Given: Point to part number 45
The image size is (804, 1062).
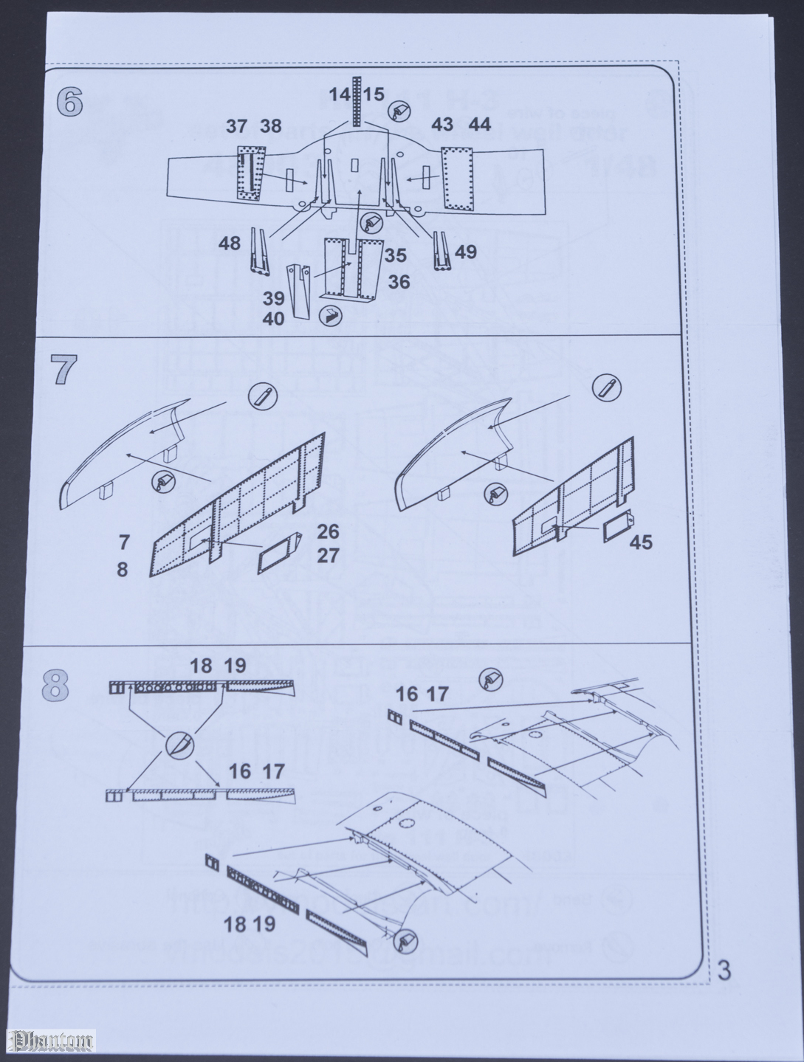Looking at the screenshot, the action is pyautogui.click(x=641, y=543).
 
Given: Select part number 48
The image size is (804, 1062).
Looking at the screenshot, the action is pyautogui.click(x=230, y=243).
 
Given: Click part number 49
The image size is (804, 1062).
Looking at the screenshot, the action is pyautogui.click(x=466, y=252).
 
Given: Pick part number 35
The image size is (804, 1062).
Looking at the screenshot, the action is pyautogui.click(x=395, y=256).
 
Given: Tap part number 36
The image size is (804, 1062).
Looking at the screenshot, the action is pyautogui.click(x=399, y=282).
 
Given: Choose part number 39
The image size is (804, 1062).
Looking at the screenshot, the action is pyautogui.click(x=273, y=298).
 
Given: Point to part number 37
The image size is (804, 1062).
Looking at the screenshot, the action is pyautogui.click(x=236, y=126).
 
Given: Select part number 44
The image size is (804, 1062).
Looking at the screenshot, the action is pyautogui.click(x=480, y=125).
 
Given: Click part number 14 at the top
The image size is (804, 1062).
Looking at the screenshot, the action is pyautogui.click(x=340, y=94).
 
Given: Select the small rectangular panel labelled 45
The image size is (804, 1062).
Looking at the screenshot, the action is pyautogui.click(x=614, y=528).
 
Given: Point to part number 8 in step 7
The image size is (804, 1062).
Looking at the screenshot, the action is pyautogui.click(x=122, y=570).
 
